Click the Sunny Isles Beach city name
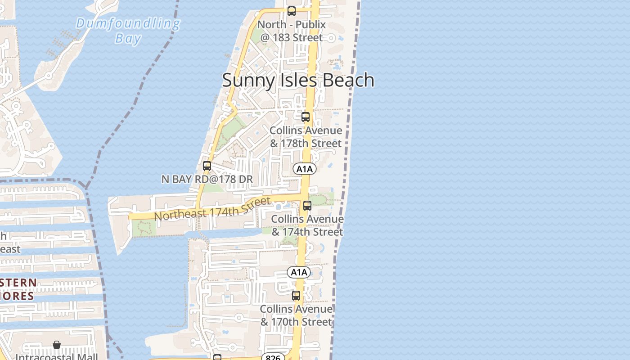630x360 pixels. [x=298, y=80]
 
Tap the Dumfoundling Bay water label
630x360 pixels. [x=128, y=30]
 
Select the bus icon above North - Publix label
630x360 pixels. [x=292, y=11]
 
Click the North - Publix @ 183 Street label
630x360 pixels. [x=292, y=31]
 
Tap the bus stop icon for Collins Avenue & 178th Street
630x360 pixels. [x=306, y=117]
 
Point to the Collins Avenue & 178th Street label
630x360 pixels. [x=306, y=137]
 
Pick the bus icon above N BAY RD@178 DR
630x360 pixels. [x=207, y=166]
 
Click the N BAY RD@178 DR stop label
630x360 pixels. [x=207, y=179]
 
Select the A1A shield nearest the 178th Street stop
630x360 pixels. [x=305, y=169]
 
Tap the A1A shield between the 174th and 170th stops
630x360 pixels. [x=299, y=272]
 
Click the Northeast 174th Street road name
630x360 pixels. [x=212, y=209]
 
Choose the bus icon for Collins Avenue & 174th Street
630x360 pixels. [x=307, y=206]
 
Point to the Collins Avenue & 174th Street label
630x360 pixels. [x=307, y=225]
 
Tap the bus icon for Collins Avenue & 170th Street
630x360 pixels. [x=296, y=296]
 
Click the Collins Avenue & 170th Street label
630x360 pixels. [x=296, y=315]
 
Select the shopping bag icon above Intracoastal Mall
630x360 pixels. [x=57, y=345]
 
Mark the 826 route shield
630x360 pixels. [x=273, y=357]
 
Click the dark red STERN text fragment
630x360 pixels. [x=18, y=283]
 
